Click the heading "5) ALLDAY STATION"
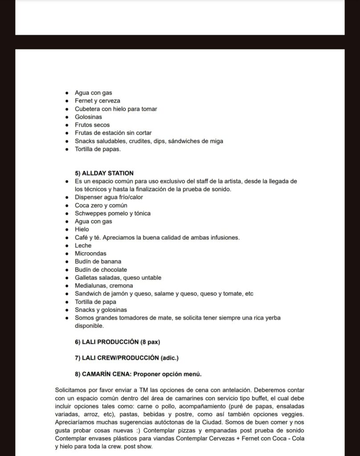pyautogui.click(x=104, y=173)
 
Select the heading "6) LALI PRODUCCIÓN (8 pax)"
pyautogui.click(x=117, y=342)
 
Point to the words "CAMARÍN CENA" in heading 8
pyautogui.click(x=103, y=373)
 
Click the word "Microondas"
pyautogui.click(x=90, y=253)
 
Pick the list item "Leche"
pyautogui.click(x=83, y=245)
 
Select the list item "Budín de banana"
pyautogui.click(x=98, y=261)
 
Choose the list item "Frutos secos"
pyautogui.click(x=92, y=125)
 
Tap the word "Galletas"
pyautogui.click(x=86, y=277)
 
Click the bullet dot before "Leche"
pyautogui.click(x=66, y=245)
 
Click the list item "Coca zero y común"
pyautogui.click(x=101, y=205)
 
